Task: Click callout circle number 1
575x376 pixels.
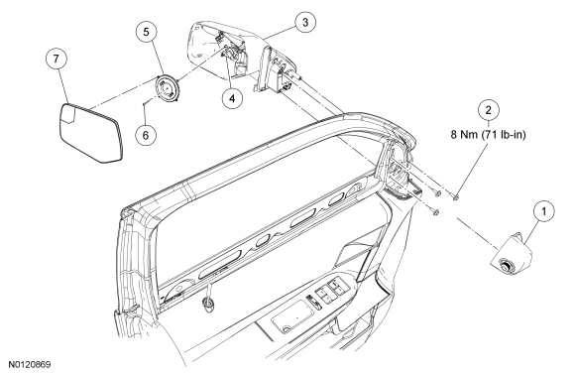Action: click(543, 211)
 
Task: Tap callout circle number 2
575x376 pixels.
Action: click(488, 110)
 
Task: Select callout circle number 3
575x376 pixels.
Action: click(305, 23)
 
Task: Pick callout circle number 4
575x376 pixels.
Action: click(231, 97)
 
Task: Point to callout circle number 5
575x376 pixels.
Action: click(147, 32)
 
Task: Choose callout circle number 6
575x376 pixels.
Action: click(146, 135)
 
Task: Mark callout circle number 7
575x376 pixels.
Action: click(56, 59)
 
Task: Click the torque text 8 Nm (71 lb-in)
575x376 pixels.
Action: click(488, 135)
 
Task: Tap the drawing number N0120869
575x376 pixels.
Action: click(30, 364)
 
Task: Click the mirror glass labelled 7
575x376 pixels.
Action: click(90, 132)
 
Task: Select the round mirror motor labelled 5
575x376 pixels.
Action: click(167, 88)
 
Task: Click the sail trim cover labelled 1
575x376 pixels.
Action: click(512, 253)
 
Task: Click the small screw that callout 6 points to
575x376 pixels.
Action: click(146, 103)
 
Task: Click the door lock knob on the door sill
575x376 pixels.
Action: click(208, 303)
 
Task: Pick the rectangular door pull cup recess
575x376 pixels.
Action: click(293, 315)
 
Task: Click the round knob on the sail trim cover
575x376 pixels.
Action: click(507, 266)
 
